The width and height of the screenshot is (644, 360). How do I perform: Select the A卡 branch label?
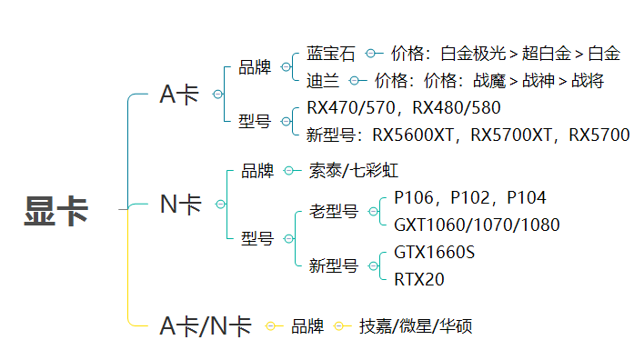click(178, 94)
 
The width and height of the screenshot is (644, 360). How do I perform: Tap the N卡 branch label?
click(180, 205)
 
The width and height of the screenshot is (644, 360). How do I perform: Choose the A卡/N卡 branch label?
click(205, 325)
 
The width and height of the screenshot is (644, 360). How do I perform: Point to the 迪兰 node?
click(324, 81)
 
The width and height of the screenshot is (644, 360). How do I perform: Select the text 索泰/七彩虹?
click(354, 170)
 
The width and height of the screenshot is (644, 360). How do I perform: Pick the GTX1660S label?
click(434, 252)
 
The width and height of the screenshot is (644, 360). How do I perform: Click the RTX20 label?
click(419, 279)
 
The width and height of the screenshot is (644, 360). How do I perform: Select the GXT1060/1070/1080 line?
click(477, 225)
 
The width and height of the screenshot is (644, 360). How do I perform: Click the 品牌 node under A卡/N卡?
click(307, 325)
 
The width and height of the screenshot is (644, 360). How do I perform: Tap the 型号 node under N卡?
click(257, 239)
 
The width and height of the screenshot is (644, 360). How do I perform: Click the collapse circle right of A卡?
click(216, 95)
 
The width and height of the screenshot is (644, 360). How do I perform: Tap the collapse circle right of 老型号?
click(372, 212)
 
